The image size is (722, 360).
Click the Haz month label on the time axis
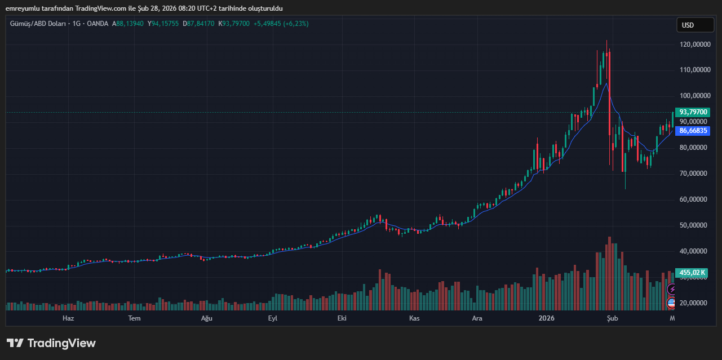pyautogui.click(x=68, y=318)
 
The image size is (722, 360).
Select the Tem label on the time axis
pyautogui.click(x=134, y=318)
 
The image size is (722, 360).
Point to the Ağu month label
pyautogui.click(x=207, y=318)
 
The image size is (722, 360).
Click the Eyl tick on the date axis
pyautogui.click(x=273, y=318)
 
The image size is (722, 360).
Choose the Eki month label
pyautogui.click(x=342, y=318)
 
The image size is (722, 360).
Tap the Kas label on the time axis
pyautogui.click(x=414, y=318)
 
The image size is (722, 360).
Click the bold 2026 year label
pyautogui.click(x=546, y=318)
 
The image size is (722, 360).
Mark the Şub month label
pyautogui.click(x=613, y=318)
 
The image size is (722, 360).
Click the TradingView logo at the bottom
pyautogui.click(x=51, y=343)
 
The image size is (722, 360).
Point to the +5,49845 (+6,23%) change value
pyautogui.click(x=281, y=24)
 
